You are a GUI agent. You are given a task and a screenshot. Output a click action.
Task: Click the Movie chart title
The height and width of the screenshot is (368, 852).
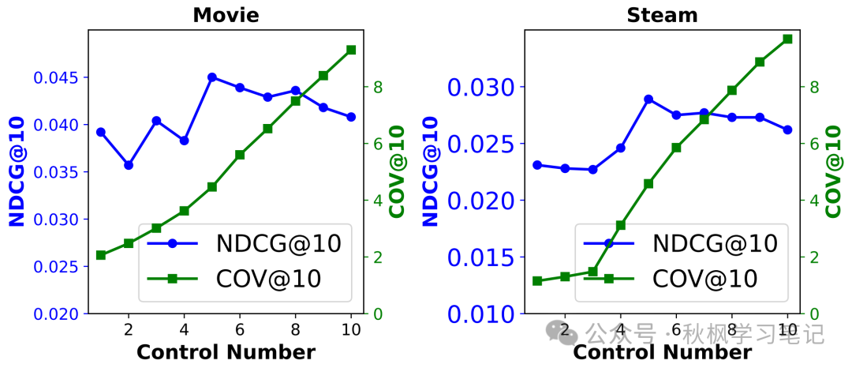pos(226,15)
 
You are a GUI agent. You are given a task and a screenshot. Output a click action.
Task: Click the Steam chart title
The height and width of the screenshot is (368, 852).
pos(662,15)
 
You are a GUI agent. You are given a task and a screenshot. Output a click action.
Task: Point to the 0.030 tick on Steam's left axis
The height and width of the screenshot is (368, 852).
pos(481,87)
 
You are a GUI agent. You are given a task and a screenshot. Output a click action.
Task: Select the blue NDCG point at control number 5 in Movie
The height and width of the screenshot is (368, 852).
pos(212,77)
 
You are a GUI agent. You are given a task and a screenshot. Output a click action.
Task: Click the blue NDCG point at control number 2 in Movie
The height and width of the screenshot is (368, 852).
pos(129,165)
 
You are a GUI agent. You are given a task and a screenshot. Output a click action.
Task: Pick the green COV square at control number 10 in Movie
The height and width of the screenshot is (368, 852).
pos(351,50)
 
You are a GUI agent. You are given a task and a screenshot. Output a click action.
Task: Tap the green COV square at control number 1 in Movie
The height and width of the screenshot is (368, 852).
pos(101,255)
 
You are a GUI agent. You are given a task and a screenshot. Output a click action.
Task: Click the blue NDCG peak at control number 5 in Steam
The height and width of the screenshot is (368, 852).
pos(648,100)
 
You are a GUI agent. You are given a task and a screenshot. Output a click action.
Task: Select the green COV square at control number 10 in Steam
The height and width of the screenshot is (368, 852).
pos(787,39)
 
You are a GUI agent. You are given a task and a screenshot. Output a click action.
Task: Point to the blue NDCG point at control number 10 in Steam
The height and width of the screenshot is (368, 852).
pos(787,130)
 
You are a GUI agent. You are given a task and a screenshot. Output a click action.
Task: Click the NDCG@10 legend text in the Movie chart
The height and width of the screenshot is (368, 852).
pos(278,243)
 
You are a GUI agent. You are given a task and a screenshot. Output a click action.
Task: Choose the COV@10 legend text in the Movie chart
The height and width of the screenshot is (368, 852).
pos(269,279)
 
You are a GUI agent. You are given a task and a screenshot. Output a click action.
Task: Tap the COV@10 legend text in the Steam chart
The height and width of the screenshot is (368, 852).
pos(704,279)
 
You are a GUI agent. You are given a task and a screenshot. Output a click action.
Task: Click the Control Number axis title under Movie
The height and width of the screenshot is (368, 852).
pos(226,352)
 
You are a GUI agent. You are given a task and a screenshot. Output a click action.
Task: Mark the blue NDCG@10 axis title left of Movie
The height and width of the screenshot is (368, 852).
pos(17,171)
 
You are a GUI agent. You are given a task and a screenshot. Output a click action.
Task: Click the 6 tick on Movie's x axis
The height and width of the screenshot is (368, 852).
pos(240,329)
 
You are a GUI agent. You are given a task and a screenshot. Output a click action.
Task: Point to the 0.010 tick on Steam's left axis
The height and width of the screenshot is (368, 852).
pos(481,314)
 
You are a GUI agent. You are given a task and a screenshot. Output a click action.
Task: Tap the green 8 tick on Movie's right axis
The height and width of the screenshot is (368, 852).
pos(378,87)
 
